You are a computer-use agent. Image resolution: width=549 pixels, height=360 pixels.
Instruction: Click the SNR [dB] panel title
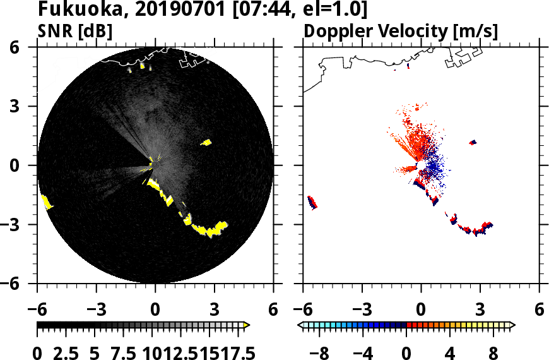76,31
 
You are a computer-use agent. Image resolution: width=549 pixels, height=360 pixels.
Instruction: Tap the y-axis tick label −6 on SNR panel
24,284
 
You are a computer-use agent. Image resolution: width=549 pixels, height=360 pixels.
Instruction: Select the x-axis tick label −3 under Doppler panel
361,310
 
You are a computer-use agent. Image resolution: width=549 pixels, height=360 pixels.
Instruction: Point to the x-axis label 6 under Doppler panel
539,310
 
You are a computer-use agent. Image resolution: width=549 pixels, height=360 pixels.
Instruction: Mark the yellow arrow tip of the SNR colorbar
247,325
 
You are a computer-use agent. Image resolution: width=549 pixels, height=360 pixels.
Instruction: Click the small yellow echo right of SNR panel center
206,143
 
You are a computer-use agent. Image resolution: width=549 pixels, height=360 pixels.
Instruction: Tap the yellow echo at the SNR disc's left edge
46,202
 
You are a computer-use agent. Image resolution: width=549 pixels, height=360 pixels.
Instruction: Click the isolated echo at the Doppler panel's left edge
312,203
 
